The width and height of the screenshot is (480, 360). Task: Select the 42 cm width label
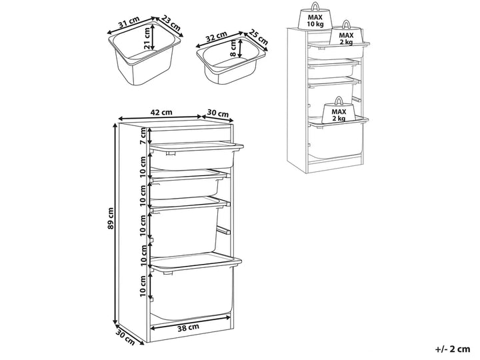click(x=162, y=112)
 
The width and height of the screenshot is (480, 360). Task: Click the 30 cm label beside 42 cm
click(x=219, y=112)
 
